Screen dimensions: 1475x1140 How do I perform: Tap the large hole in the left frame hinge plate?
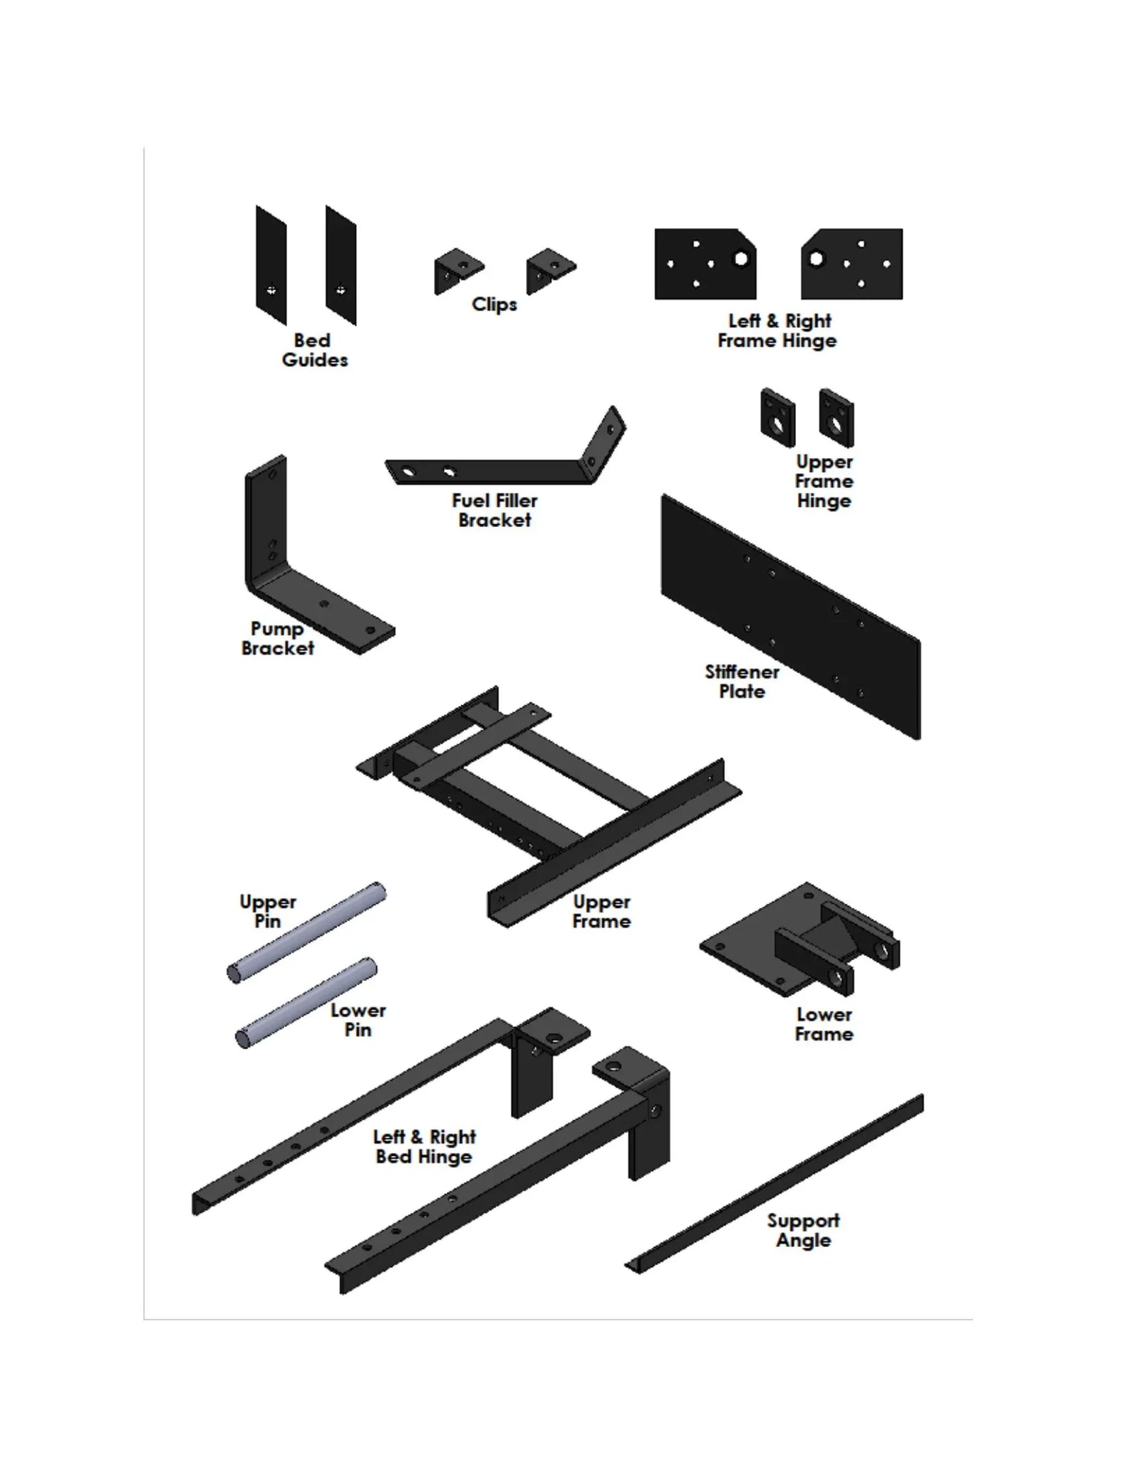click(740, 259)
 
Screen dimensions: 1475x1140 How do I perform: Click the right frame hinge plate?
click(851, 264)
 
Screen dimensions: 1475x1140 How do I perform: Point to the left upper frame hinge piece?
click(777, 417)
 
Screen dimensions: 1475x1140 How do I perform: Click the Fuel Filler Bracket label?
click(494, 510)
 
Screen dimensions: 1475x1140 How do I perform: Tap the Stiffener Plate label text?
click(742, 682)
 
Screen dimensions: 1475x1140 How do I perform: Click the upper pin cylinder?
click(306, 933)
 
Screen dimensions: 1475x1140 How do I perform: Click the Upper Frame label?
click(601, 912)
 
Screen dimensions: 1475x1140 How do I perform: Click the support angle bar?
click(773, 1186)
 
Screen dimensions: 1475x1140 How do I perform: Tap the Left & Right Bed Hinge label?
click(425, 1147)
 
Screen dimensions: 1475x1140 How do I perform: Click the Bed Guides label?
click(314, 350)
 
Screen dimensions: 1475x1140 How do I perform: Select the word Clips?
click(494, 305)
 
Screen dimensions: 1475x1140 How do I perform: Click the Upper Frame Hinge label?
click(824, 481)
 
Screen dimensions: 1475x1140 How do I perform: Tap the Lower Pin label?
click(358, 1020)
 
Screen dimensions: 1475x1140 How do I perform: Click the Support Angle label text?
click(803, 1230)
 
